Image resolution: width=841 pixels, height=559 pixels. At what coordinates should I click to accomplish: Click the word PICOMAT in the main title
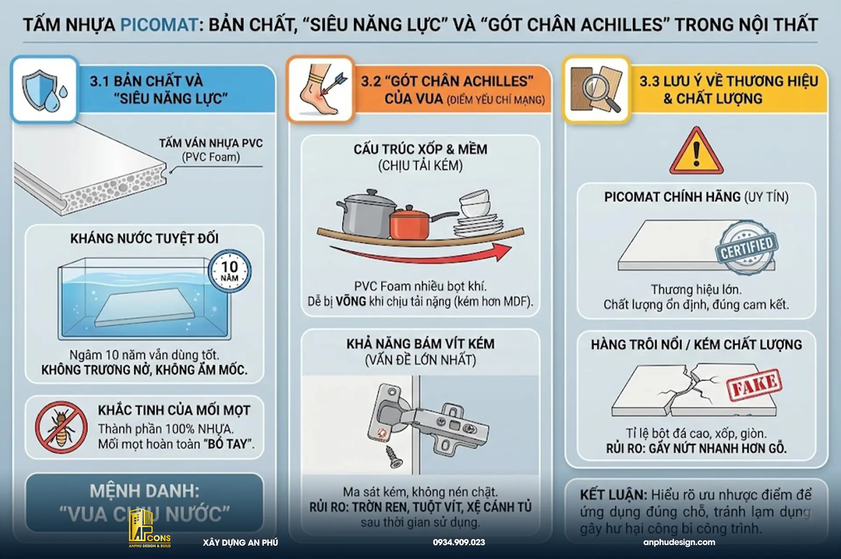159,25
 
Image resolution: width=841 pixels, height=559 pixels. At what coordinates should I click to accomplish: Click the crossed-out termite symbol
61,427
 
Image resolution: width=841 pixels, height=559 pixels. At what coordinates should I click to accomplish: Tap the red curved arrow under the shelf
421,254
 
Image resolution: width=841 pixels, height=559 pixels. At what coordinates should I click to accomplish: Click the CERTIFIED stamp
747,248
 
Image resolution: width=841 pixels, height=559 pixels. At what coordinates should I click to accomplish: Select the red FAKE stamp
754,385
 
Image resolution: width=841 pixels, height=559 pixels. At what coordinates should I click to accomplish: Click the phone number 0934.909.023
459,542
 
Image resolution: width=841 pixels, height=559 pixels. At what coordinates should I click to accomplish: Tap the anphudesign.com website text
679,542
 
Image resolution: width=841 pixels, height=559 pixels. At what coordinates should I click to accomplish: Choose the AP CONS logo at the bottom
149,529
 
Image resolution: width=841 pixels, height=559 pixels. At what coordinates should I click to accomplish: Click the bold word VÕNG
351,301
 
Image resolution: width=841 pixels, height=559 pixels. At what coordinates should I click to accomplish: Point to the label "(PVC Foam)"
211,157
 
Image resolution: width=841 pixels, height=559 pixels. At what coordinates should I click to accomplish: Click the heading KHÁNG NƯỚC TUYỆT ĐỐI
144,238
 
